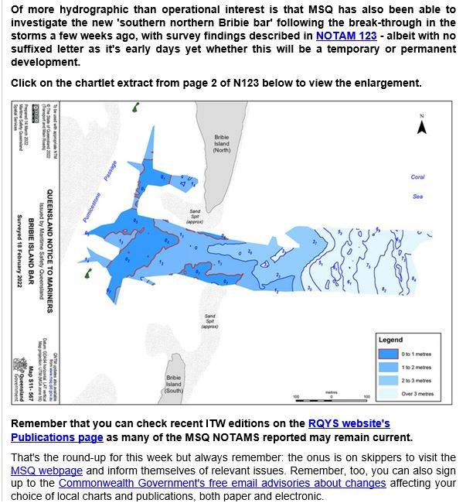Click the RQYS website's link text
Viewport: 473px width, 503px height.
pos(349,423)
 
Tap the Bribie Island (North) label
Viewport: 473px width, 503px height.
pos(223,143)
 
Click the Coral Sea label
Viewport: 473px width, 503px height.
pos(417,186)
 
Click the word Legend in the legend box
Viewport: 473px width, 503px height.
pos(391,340)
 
